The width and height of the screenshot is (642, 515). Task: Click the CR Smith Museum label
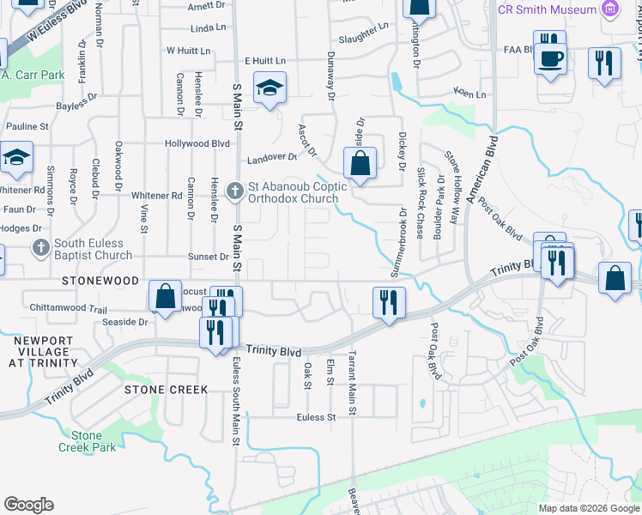[548, 9]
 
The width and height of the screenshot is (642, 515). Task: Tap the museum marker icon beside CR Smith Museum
[610, 9]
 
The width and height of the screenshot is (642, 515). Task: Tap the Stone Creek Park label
[86, 441]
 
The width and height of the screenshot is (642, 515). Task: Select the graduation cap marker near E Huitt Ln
[270, 87]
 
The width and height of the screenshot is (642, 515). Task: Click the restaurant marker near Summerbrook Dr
[389, 302]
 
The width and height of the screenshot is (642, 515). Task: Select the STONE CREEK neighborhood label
[167, 390]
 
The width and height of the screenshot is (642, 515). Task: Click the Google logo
[28, 504]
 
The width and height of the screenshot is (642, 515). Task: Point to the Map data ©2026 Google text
[588, 508]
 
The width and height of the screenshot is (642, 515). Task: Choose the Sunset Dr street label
[209, 257]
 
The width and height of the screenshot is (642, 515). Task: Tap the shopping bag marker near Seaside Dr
[164, 296]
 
